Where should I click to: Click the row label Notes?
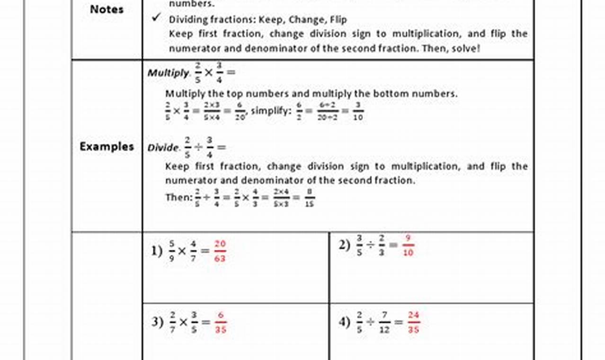[x=107, y=9]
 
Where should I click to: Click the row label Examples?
[x=107, y=146]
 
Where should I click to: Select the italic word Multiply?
[x=168, y=73]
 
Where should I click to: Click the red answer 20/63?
[x=220, y=251]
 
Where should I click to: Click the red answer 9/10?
[x=408, y=246]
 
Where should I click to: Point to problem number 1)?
[x=157, y=251]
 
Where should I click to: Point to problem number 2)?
[x=344, y=245]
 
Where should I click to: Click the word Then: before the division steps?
[x=178, y=197]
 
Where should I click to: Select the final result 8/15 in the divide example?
[x=310, y=198]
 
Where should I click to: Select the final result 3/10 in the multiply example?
[x=358, y=111]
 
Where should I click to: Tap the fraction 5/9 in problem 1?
[x=171, y=251]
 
